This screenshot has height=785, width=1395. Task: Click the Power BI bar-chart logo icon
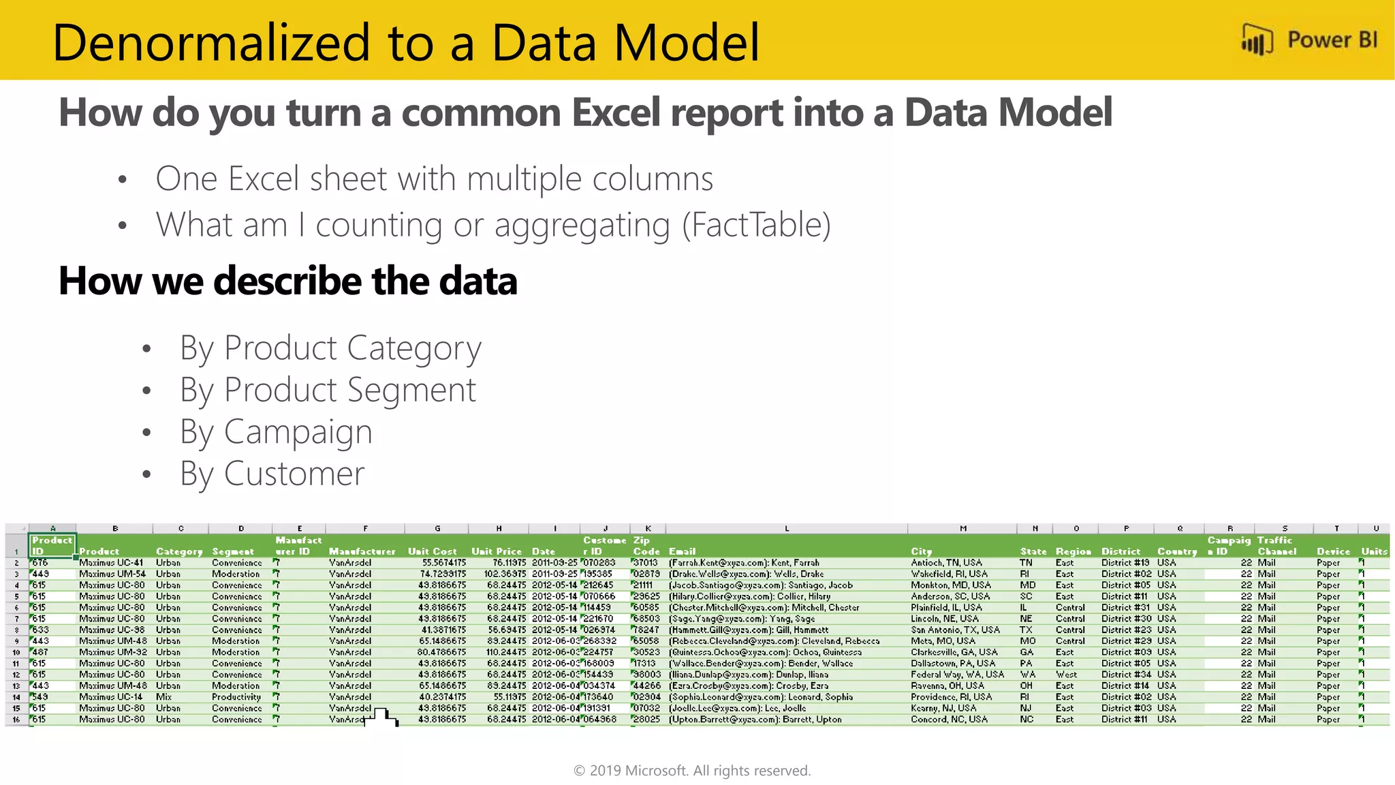point(1257,40)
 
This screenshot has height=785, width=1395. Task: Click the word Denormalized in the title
point(210,42)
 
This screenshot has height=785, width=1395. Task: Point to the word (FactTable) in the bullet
point(756,225)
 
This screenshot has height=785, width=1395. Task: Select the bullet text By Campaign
point(276,432)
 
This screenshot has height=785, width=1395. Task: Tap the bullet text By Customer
point(272,474)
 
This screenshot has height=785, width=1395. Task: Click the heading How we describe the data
point(288,281)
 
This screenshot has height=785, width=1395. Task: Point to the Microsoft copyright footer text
point(692,771)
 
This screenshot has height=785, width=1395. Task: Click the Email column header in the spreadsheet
point(682,551)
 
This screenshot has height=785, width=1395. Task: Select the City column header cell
point(921,551)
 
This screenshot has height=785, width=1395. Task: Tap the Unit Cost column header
point(433,551)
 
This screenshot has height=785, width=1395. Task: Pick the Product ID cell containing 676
point(41,563)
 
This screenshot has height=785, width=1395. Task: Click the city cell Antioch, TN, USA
point(946,563)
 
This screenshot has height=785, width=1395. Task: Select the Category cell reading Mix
point(163,697)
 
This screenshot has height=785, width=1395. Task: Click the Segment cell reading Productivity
point(236,697)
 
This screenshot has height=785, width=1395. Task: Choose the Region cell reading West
point(1066,675)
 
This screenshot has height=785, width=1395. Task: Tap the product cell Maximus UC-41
point(111,563)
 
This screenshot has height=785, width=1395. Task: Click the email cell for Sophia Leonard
point(761,697)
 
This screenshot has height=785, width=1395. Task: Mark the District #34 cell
point(1126,675)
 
